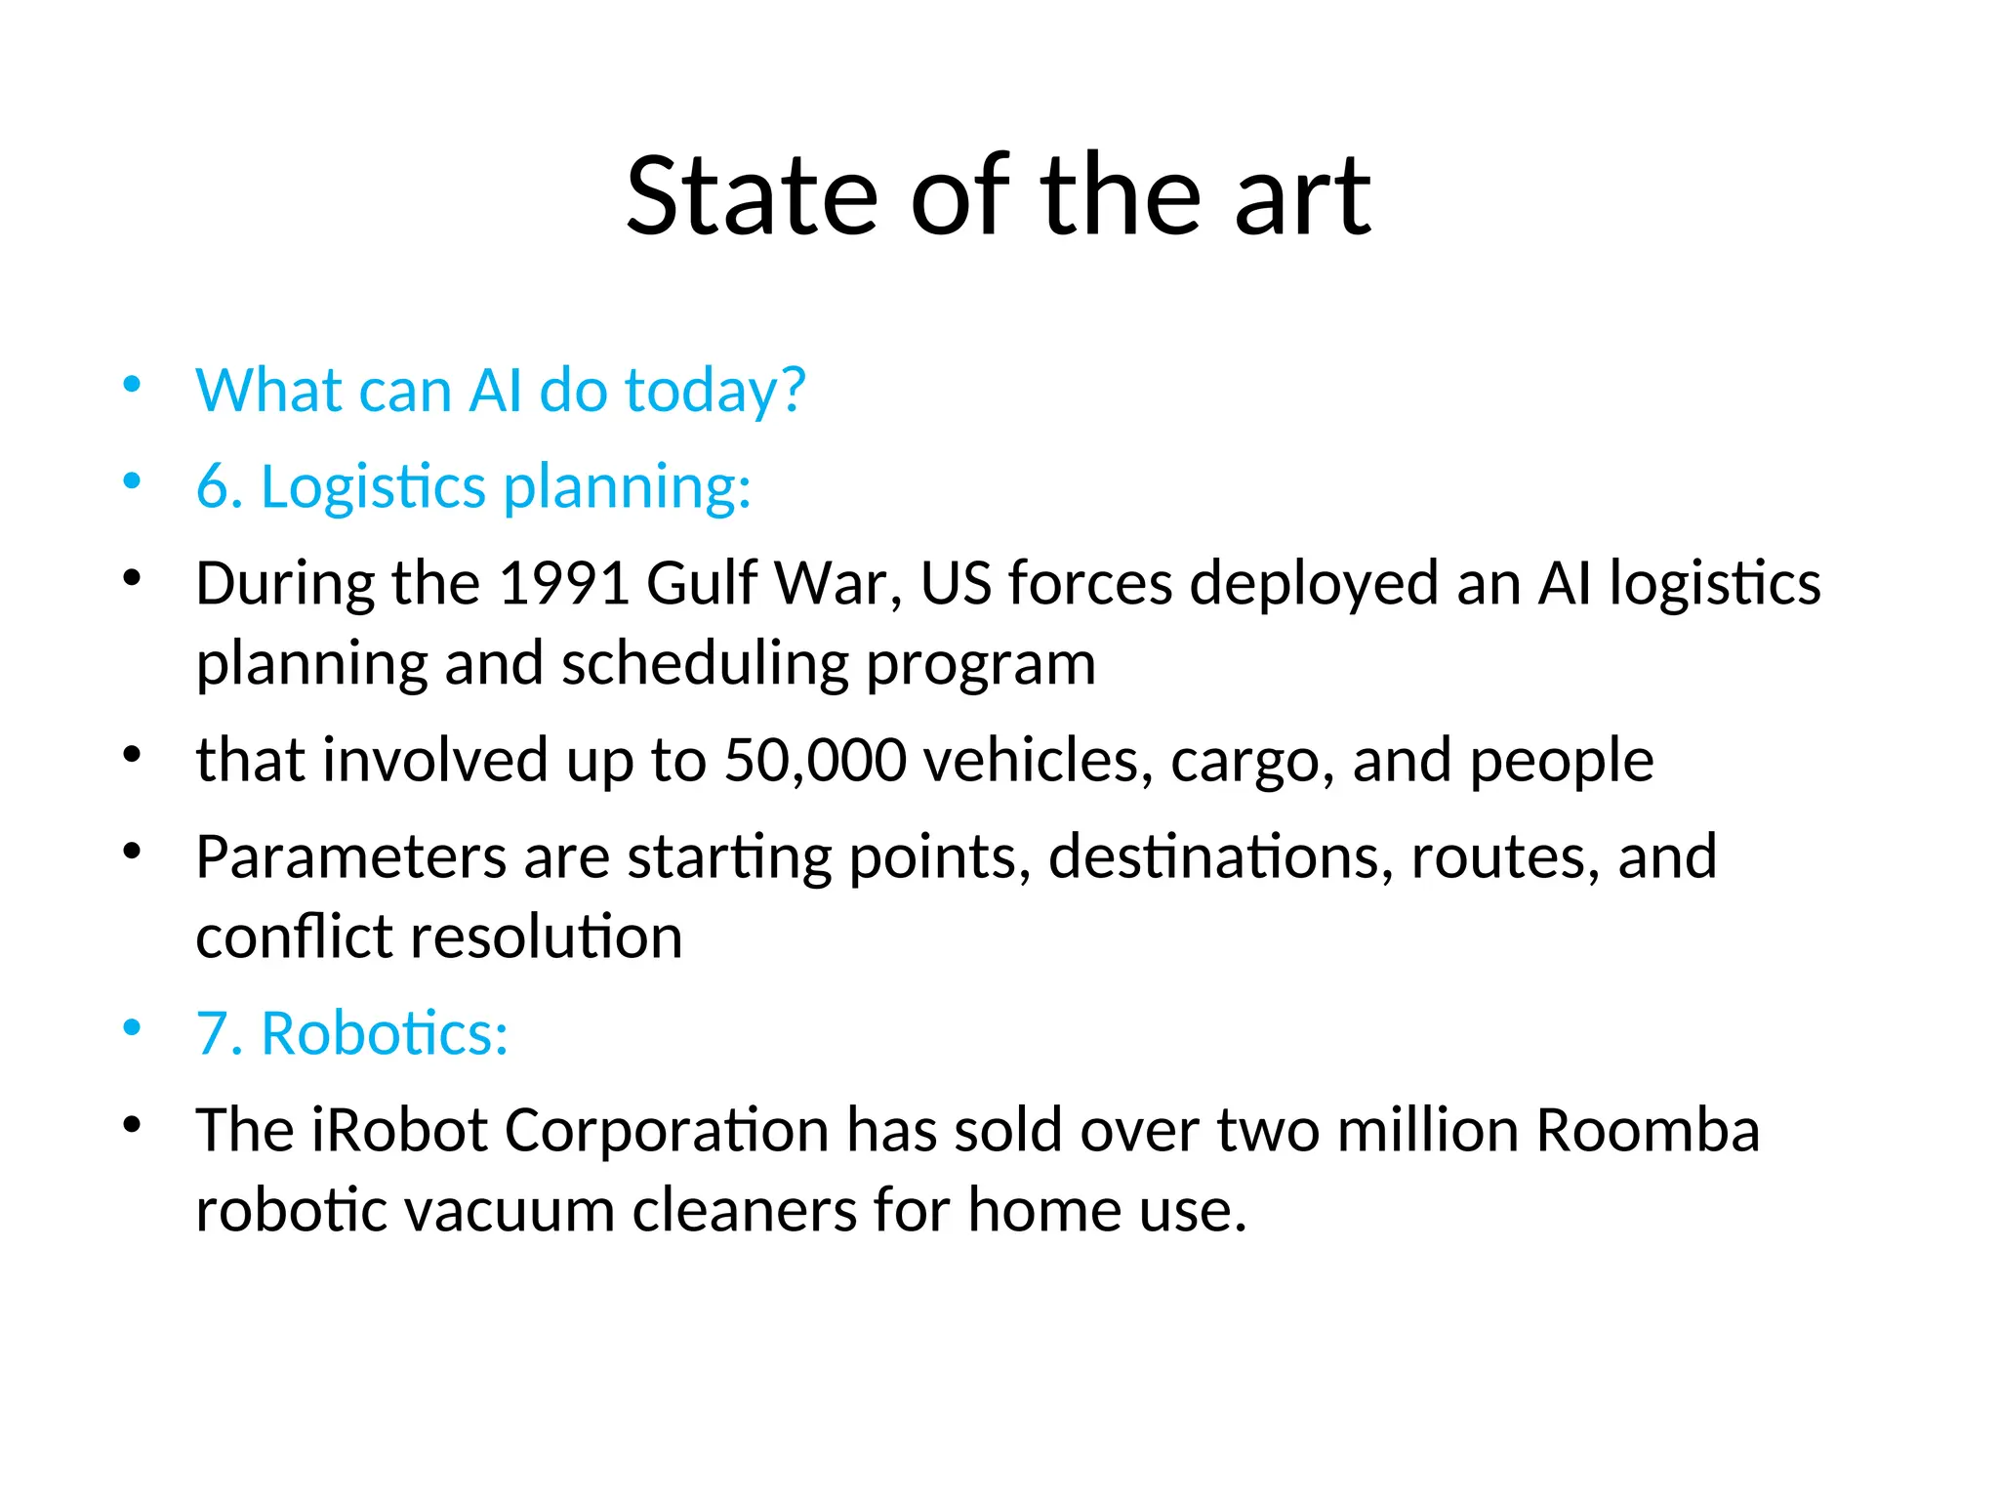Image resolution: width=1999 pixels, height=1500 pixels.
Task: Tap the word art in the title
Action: tap(1303, 197)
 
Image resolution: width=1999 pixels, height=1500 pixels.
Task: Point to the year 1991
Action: tap(563, 584)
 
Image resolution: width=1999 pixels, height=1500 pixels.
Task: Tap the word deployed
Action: tap(1314, 584)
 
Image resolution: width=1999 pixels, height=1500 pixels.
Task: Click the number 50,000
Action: tap(815, 761)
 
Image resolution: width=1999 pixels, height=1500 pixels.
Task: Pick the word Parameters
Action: tap(350, 857)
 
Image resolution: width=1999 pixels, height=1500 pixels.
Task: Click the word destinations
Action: tap(1221, 857)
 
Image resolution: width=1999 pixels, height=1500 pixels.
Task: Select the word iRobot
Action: tap(398, 1131)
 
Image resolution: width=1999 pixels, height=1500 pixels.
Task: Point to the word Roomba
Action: tap(1648, 1131)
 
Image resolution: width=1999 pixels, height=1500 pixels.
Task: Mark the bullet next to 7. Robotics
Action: tap(133, 1028)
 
